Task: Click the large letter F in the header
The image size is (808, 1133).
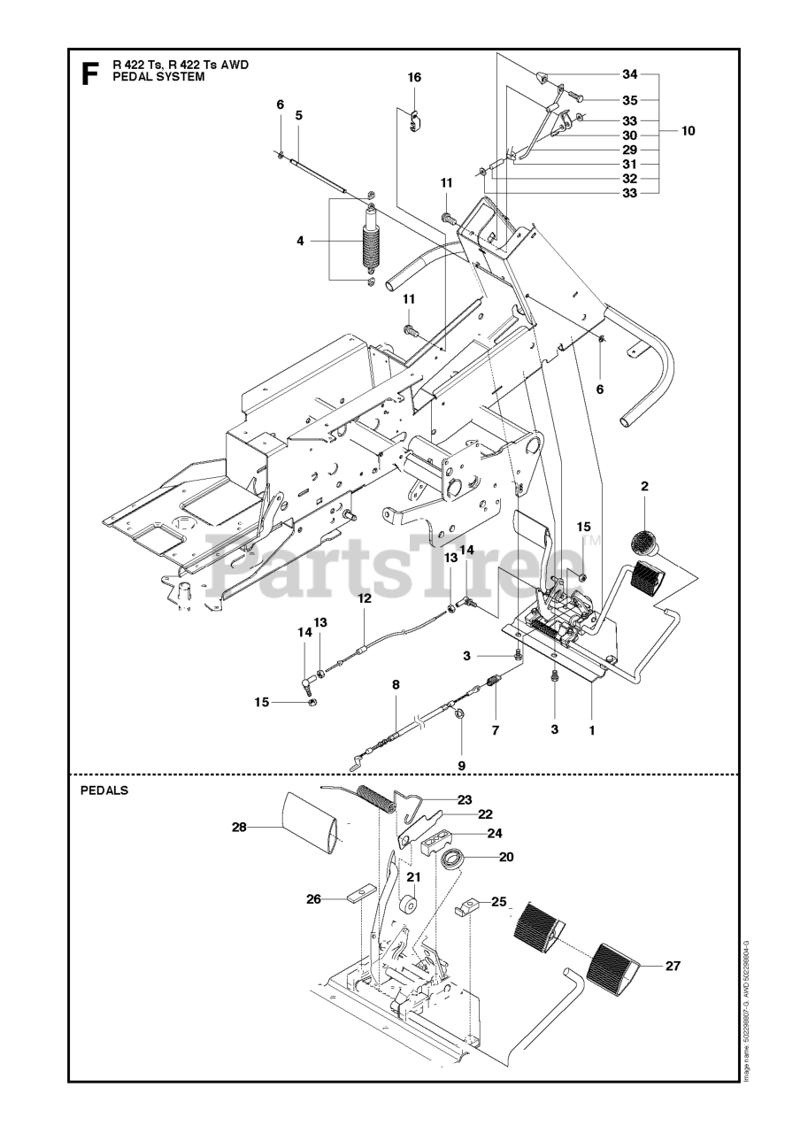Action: click(89, 73)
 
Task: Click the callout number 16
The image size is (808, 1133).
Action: click(414, 78)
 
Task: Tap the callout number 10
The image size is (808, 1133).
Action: click(689, 131)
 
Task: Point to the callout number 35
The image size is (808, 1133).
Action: click(629, 100)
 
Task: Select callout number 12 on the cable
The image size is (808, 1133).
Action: click(364, 599)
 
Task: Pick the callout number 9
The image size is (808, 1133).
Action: click(460, 765)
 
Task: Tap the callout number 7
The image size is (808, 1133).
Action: click(496, 730)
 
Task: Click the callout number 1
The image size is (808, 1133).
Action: click(591, 730)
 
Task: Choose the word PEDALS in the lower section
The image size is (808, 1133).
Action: click(104, 790)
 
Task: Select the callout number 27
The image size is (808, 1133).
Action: click(673, 966)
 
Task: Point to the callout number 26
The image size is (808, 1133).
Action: click(313, 899)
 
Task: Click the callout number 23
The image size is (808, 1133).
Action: click(464, 799)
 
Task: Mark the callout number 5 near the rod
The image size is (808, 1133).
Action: click(299, 115)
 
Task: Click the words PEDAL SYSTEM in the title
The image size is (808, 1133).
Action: click(158, 77)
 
